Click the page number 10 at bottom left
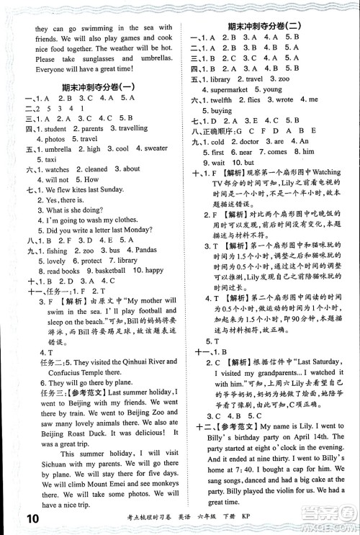click(x=15, y=519)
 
